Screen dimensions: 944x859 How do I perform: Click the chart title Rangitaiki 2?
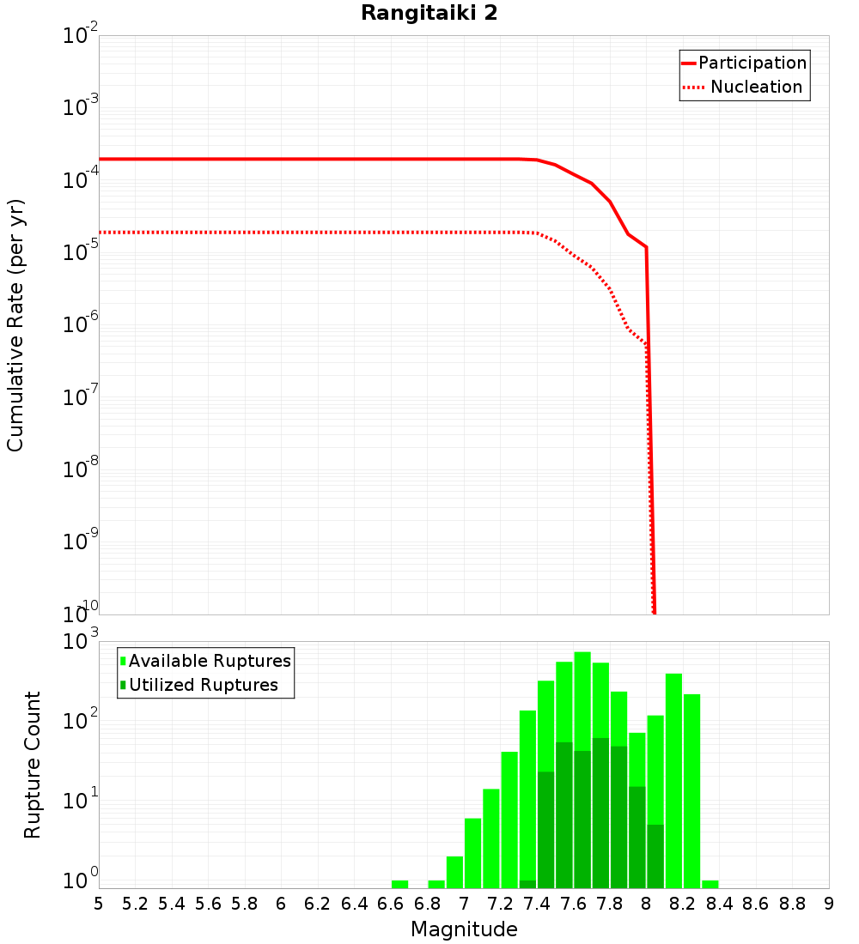coord(429,14)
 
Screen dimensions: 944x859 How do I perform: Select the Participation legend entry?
coord(752,63)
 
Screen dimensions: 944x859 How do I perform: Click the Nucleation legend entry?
coord(755,87)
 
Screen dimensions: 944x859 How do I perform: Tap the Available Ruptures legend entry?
coord(210,661)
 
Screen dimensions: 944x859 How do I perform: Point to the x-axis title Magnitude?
coord(464,929)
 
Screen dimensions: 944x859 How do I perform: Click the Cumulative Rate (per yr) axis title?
coord(15,324)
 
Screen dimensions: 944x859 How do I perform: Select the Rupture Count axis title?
coord(33,764)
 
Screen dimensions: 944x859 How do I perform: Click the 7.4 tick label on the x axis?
coord(537,904)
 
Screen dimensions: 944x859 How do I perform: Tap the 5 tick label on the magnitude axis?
coord(99,904)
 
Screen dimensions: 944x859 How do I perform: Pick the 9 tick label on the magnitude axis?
coord(829,904)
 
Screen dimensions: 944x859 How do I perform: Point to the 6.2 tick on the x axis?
coord(318,904)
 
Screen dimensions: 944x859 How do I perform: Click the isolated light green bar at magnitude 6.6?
coord(399,884)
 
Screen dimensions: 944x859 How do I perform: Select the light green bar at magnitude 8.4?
coord(710,884)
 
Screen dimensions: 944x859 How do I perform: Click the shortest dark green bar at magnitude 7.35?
coord(527,884)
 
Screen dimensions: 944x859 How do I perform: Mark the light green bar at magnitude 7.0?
coord(472,853)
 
